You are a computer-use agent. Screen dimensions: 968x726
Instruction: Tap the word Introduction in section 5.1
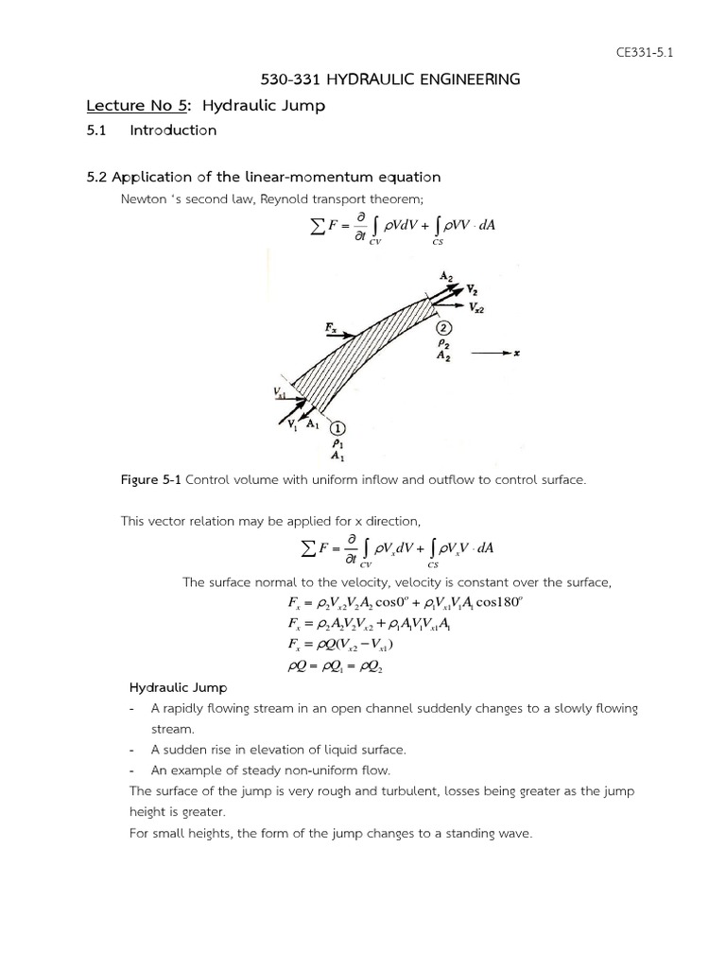173,130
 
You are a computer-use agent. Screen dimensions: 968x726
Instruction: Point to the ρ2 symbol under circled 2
443,343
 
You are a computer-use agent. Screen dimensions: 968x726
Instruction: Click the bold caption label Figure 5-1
150,480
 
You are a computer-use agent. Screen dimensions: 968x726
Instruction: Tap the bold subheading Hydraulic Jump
178,688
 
